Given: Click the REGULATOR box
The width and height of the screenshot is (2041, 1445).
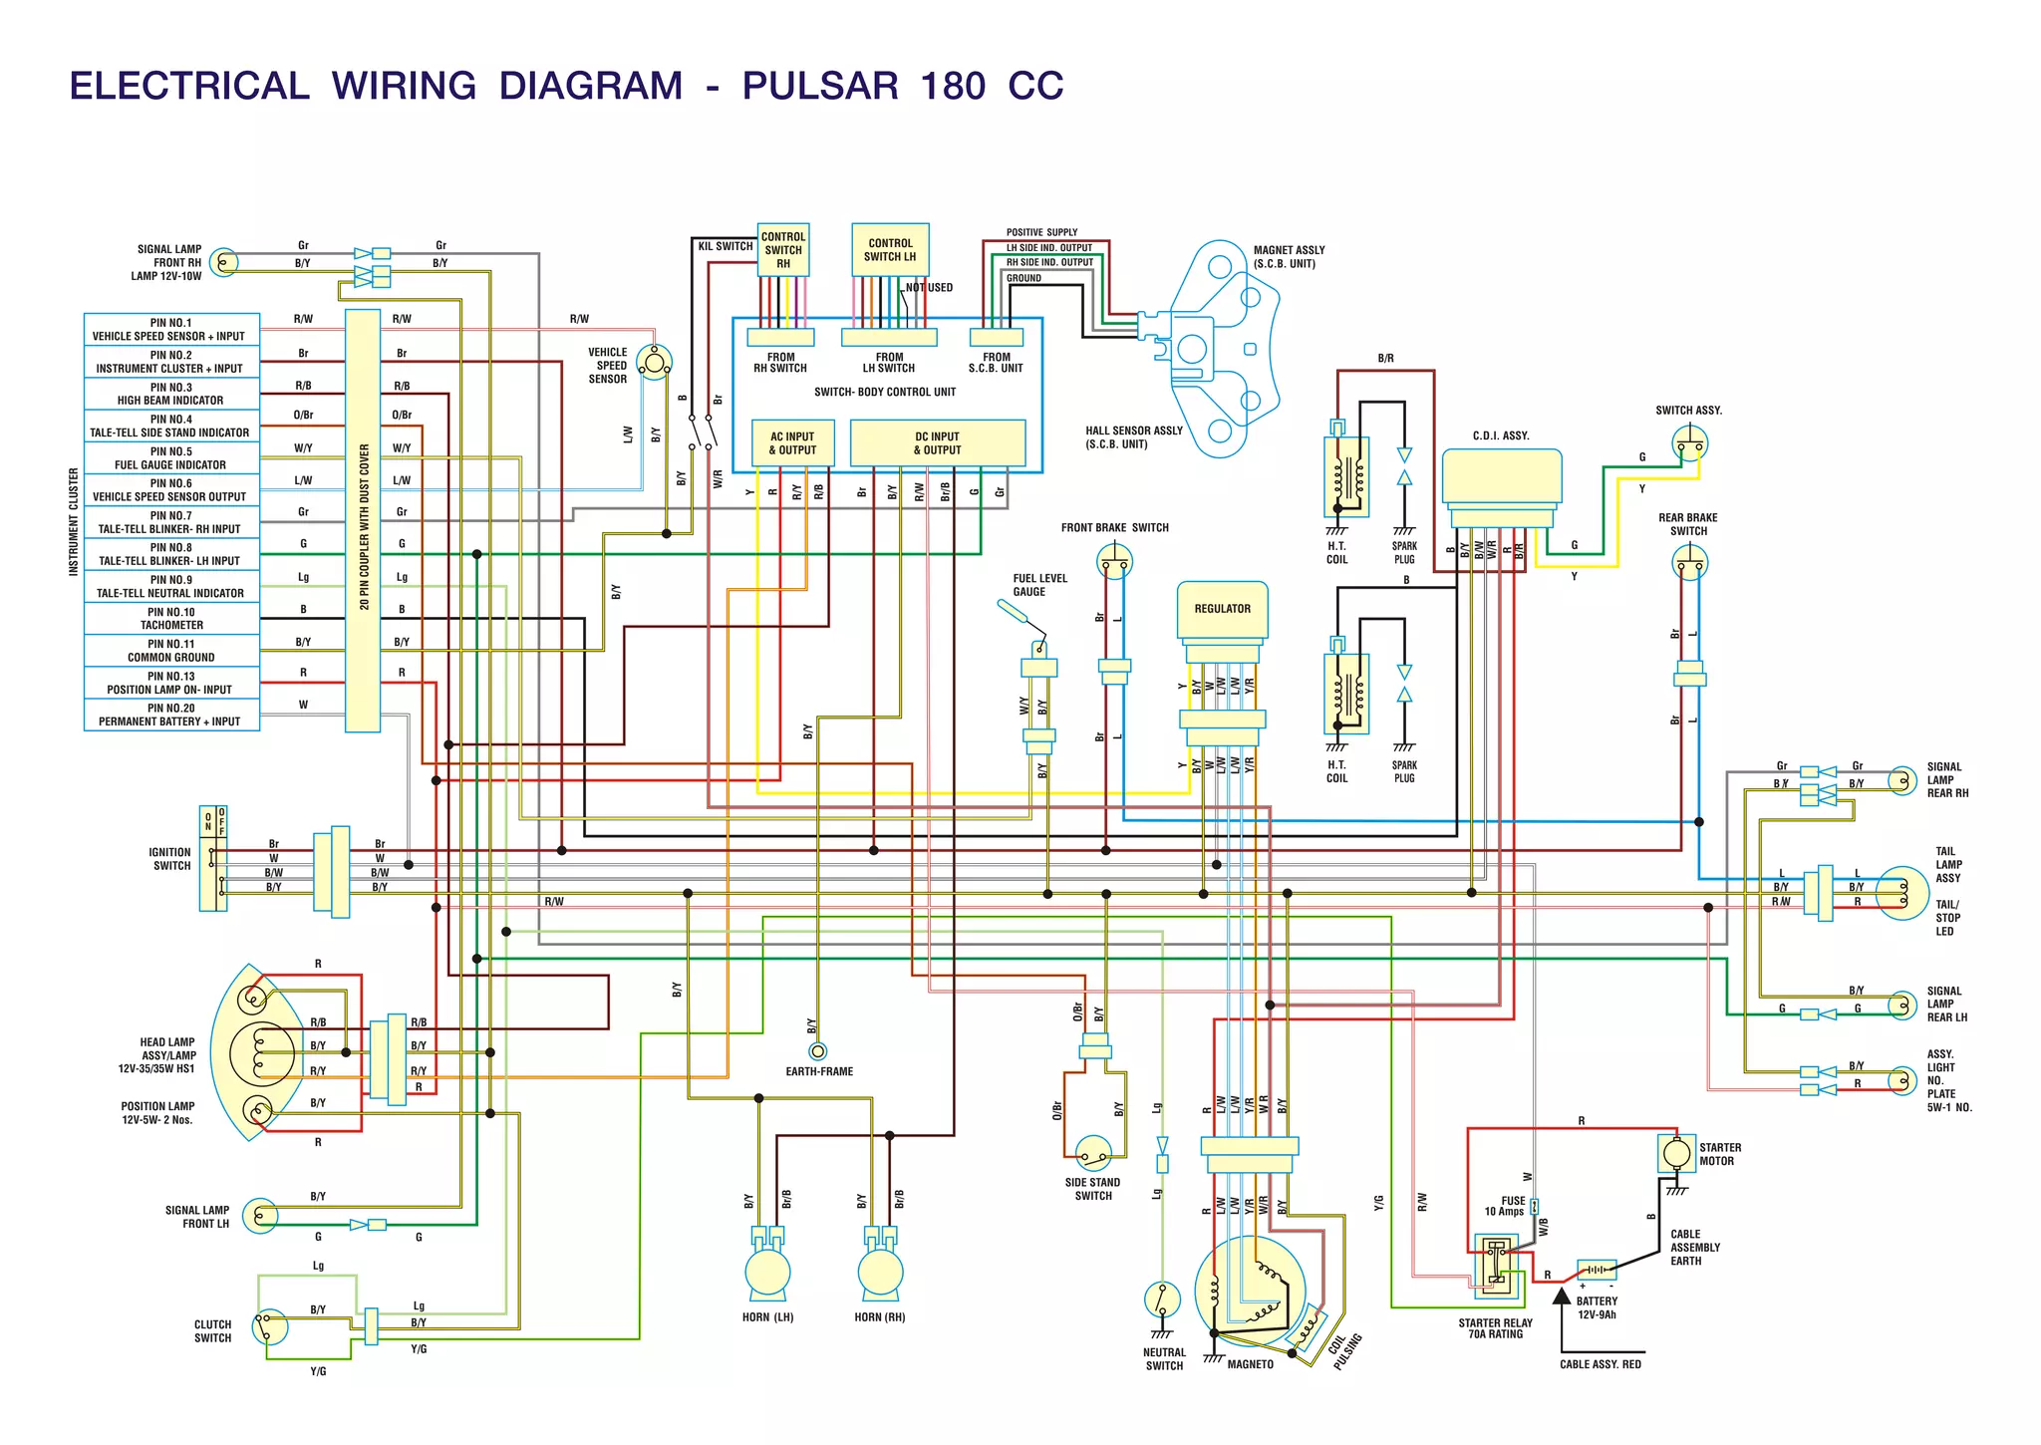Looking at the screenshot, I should [1222, 609].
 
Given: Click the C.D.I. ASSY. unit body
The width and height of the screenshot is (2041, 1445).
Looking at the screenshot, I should [1501, 476].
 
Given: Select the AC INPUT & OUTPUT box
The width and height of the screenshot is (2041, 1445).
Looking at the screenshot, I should [792, 443].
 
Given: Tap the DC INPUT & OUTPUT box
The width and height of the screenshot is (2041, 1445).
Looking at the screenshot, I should [937, 443].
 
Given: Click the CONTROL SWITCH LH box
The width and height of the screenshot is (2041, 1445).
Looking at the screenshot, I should [890, 250].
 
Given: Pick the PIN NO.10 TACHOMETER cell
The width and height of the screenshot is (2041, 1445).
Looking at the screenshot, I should [171, 619].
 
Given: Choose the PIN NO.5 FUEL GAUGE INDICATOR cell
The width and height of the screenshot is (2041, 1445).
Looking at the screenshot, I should [171, 458].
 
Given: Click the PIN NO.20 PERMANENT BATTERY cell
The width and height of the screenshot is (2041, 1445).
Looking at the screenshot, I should [171, 715].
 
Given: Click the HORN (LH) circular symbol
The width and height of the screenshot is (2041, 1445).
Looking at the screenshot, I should [767, 1273].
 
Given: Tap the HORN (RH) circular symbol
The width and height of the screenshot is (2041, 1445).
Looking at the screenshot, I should [880, 1273].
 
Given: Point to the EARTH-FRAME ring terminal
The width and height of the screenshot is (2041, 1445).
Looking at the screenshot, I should [818, 1051].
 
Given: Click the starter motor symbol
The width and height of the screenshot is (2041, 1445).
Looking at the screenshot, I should [1677, 1154].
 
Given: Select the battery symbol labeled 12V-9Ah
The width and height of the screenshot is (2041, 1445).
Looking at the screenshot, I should [1597, 1271].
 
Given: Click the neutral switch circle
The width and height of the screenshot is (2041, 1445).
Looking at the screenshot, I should [1162, 1300].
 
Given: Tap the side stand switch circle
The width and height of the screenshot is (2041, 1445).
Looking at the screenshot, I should [1093, 1155].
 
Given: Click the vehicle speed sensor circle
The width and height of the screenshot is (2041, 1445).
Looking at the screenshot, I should [654, 363].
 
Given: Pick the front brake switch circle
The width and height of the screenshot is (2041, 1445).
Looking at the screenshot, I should [1114, 562].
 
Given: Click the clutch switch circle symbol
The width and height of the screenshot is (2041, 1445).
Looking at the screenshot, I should [269, 1327].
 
